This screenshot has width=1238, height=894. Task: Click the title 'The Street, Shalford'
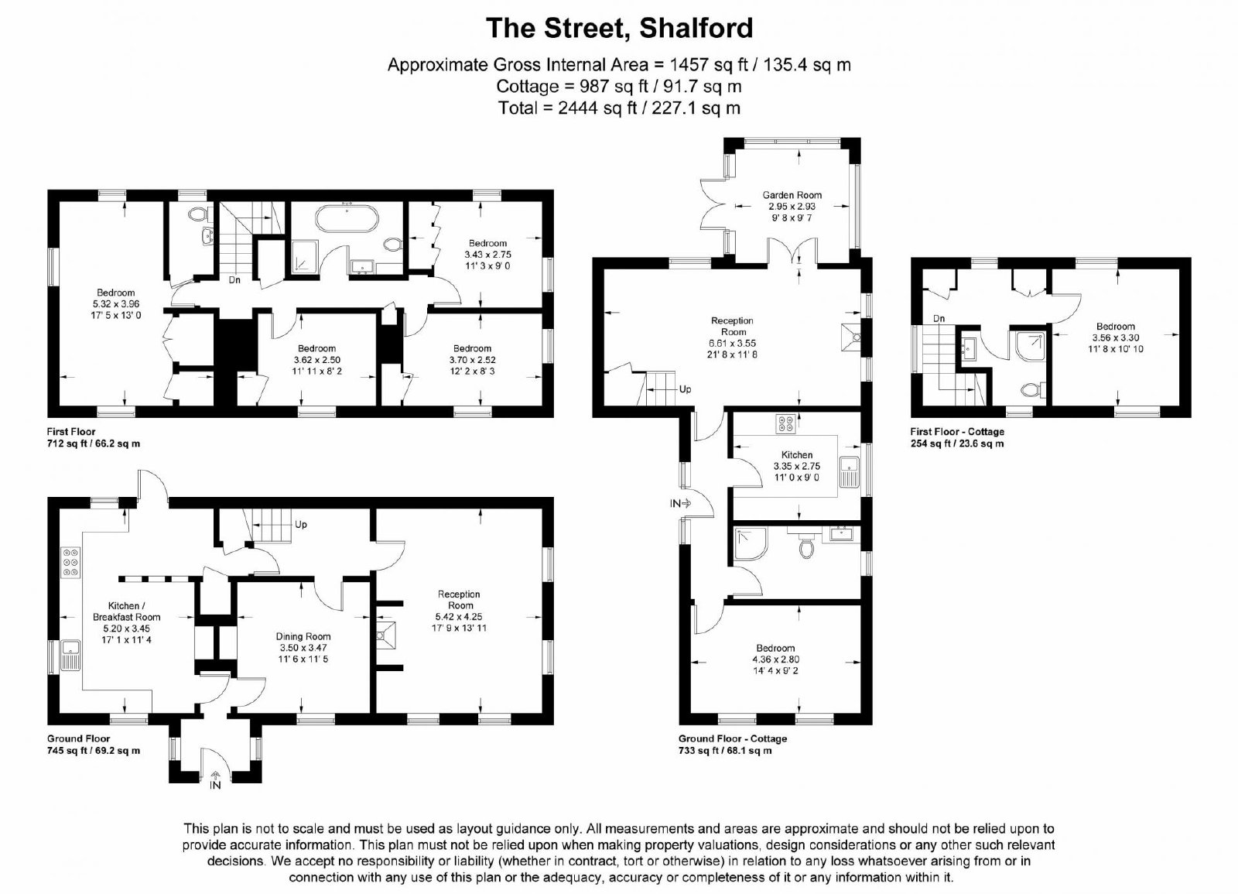point(619,29)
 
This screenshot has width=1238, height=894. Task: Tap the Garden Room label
point(792,195)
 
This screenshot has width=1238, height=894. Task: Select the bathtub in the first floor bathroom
point(347,220)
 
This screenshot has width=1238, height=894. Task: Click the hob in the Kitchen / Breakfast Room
point(71,563)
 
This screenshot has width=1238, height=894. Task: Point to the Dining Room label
point(303,636)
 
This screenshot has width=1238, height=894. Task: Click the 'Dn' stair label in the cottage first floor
point(939,318)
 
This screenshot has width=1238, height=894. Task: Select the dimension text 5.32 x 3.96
point(116,304)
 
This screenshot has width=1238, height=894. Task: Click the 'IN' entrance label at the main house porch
point(215,786)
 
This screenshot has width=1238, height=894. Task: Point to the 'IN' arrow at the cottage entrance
point(686,503)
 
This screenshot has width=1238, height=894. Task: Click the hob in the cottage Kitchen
point(785,423)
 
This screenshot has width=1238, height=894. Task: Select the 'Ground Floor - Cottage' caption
point(732,738)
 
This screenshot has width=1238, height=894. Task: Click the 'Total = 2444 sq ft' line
point(619,108)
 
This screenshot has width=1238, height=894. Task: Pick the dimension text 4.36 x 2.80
point(775,659)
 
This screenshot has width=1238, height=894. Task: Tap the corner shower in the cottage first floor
point(1028,345)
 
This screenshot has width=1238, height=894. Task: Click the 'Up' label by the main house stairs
point(301,524)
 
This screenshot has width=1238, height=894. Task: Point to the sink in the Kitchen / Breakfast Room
point(70,655)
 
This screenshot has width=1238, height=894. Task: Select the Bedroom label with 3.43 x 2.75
point(487,243)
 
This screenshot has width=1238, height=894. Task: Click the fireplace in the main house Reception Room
point(386,635)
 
